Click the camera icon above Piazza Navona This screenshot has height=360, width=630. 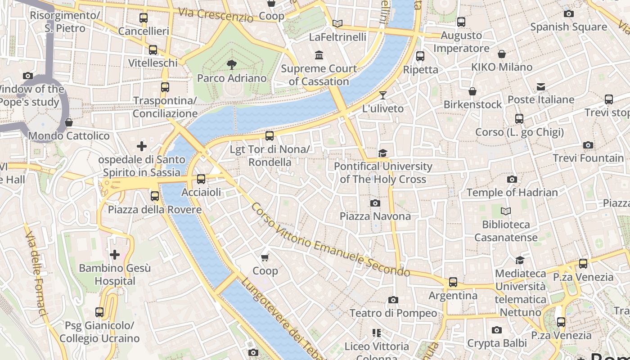coord(375,203)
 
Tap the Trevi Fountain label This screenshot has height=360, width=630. coord(588,158)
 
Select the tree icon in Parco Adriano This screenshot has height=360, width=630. coord(232,65)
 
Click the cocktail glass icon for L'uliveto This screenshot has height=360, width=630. coord(383,95)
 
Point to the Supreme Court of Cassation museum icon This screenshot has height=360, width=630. coord(319,55)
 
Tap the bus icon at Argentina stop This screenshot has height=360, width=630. coord(453,282)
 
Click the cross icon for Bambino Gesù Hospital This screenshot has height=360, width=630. coord(115,255)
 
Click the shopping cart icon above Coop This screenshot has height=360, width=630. coord(265,257)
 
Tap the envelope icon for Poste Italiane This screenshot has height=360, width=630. coord(541,86)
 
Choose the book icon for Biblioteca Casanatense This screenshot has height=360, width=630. coord(506,211)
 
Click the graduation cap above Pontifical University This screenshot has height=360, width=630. coord(382,153)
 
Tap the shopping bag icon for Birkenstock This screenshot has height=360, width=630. coord(472,91)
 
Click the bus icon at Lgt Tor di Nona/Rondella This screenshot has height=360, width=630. coord(270,135)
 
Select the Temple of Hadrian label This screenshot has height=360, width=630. coord(512,193)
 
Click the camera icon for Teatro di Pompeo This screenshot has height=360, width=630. coord(393,300)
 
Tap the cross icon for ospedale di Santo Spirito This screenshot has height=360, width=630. coord(142,146)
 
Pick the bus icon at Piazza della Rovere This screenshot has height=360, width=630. coord(155,196)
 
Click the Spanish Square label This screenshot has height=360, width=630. coord(569,27)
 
